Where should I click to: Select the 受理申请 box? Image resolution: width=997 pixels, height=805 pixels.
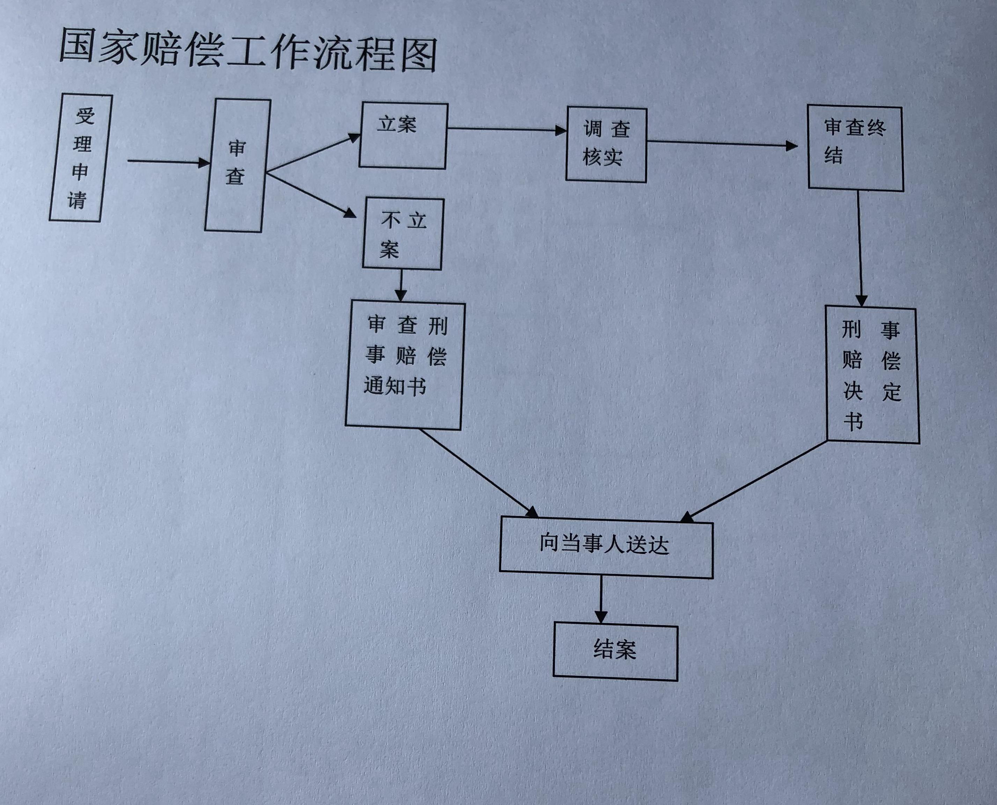pyautogui.click(x=81, y=158)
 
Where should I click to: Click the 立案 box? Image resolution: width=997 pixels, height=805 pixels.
pyautogui.click(x=403, y=136)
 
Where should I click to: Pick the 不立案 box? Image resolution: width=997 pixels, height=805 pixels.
pyautogui.click(x=403, y=234)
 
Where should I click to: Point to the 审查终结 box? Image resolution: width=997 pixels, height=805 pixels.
pyautogui.click(x=855, y=148)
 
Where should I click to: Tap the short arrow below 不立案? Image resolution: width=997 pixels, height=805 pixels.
pyautogui.click(x=401, y=285)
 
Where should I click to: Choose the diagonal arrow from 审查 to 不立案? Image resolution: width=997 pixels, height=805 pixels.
pyautogui.click(x=310, y=194)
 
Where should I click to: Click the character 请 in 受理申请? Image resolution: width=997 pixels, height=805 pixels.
pyautogui.click(x=77, y=200)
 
